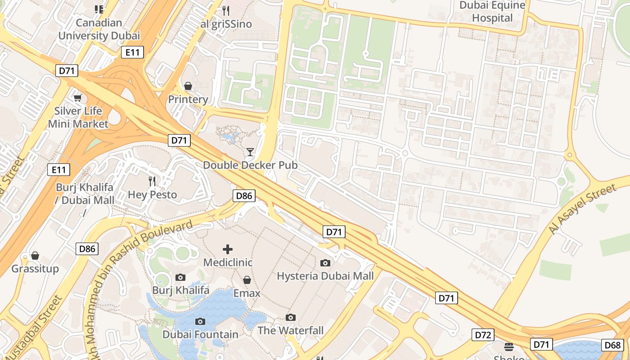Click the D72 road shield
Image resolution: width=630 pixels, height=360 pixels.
coord(483,335)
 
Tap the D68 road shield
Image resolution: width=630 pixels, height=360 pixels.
coord(612,345)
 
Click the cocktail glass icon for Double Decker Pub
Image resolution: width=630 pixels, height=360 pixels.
coord(250,152)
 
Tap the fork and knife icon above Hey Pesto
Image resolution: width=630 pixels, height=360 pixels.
coord(153,181)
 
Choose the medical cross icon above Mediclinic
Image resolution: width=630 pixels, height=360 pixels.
coord(228,249)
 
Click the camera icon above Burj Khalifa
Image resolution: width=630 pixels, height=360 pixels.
coord(180,277)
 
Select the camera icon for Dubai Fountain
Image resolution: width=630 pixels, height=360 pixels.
coord(200,321)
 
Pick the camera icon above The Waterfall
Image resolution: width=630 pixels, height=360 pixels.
coord(291,317)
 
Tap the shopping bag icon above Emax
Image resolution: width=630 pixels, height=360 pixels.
coord(247,280)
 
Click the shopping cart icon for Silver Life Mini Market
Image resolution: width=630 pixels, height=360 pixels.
coord(78,98)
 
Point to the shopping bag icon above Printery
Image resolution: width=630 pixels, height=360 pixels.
coord(188,85)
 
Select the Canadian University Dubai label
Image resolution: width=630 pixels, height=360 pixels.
coord(99,29)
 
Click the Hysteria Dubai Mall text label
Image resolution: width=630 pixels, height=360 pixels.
coord(325,276)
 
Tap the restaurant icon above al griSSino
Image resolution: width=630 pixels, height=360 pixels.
coord(226,10)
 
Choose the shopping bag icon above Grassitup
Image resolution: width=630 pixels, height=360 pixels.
coord(35,256)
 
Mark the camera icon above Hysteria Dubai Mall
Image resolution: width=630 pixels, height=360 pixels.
coord(325,263)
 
